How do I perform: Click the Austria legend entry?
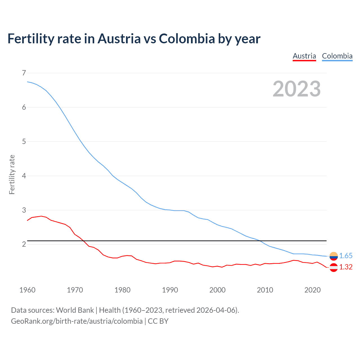304,56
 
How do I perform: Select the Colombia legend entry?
337,56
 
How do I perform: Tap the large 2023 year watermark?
297,89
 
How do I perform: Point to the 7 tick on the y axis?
24,73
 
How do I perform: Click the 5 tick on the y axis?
24,141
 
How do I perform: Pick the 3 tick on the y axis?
24,210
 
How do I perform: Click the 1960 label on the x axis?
27,290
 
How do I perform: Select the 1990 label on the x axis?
170,290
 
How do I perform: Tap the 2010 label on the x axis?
265,290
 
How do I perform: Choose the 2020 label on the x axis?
312,290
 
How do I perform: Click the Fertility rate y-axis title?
12,174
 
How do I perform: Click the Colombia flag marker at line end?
334,256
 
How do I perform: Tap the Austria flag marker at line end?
334,267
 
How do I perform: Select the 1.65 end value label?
346,256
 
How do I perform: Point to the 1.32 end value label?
346,267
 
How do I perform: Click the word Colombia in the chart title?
187,39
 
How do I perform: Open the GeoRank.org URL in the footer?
76,321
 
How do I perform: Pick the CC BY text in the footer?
158,321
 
